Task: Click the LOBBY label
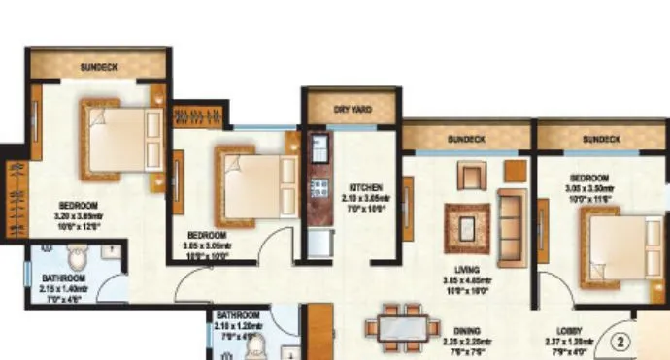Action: point(570,330)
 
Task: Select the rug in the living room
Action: point(464,222)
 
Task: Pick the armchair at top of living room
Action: point(471,178)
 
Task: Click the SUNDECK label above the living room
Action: point(466,140)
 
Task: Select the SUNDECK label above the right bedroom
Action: point(601,140)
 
